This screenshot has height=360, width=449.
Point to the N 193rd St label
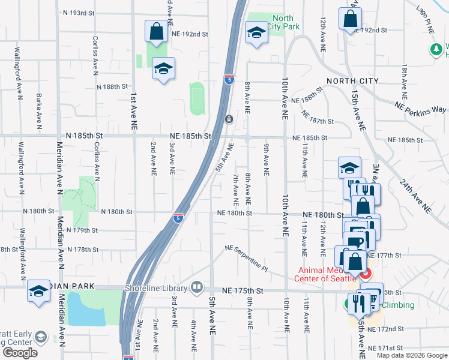coord(79,13)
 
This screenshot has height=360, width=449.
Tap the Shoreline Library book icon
coord(196,287)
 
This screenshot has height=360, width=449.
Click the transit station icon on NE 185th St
coord(229,119)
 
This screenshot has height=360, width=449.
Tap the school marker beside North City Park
coord(256,34)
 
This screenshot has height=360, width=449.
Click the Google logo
coord(20,352)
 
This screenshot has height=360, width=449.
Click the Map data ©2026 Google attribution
coord(412,355)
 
